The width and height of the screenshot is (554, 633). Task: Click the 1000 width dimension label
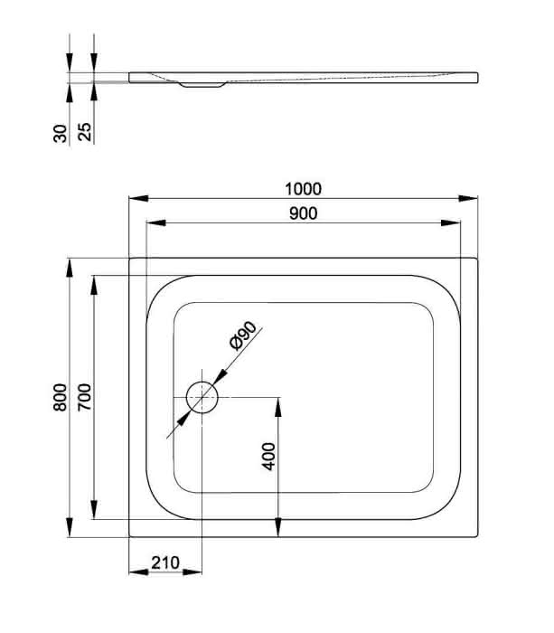tap(303, 189)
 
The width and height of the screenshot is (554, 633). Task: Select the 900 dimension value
tap(304, 213)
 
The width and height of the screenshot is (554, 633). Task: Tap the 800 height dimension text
tap(61, 397)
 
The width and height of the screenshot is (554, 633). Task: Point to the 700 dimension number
tap(85, 397)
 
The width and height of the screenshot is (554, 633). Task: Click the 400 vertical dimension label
tap(268, 456)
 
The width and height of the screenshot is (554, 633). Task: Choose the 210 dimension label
tap(165, 562)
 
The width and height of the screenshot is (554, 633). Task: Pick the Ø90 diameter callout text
tap(242, 335)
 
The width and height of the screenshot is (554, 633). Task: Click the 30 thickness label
tap(61, 134)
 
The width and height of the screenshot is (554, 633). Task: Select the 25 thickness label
tap(85, 132)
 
